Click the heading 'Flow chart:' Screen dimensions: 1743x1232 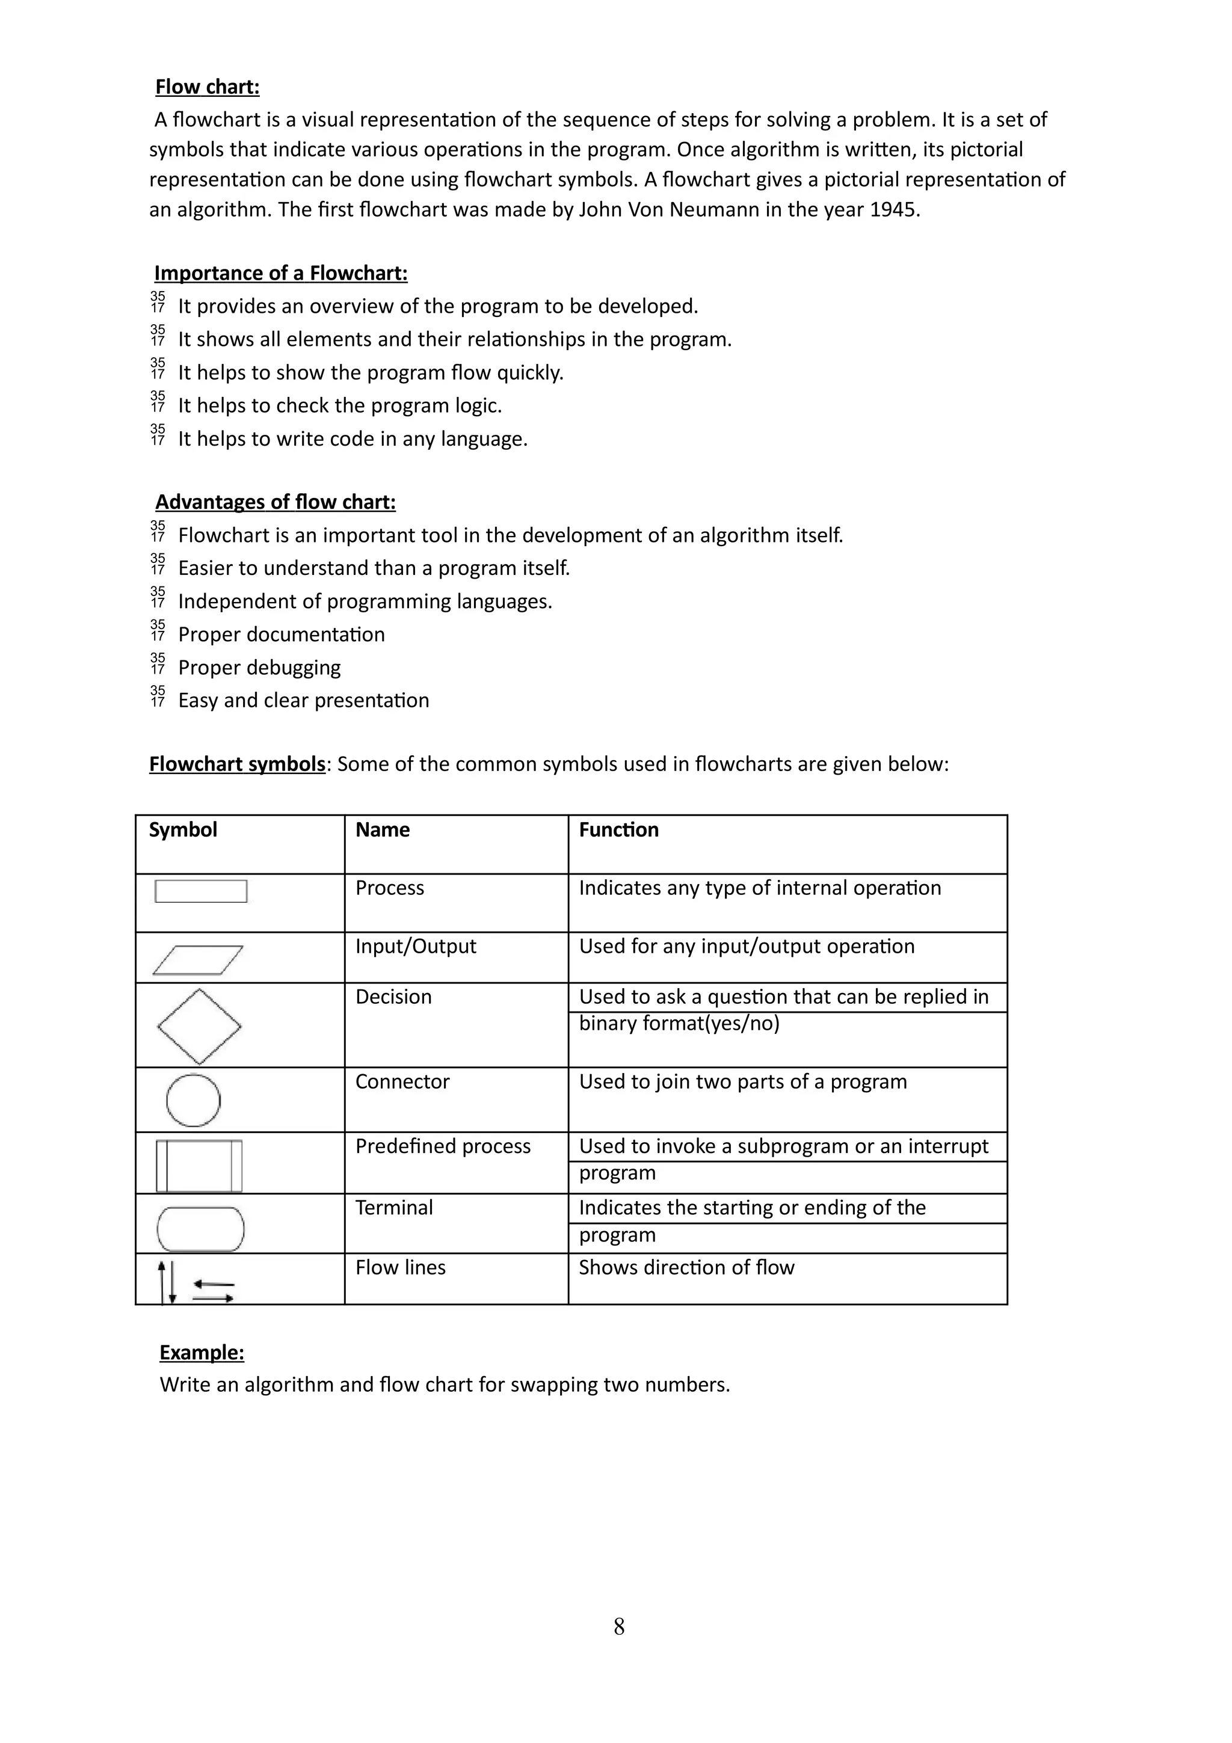[207, 87]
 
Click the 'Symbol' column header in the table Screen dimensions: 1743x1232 [183, 830]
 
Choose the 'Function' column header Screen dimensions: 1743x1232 [618, 830]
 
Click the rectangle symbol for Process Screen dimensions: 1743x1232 [200, 891]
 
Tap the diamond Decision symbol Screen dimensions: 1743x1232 [199, 1026]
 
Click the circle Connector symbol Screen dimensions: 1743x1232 [193, 1100]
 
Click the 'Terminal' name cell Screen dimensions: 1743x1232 [394, 1208]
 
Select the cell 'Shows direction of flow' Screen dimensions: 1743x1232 [686, 1267]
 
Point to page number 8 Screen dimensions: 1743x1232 [618, 1626]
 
